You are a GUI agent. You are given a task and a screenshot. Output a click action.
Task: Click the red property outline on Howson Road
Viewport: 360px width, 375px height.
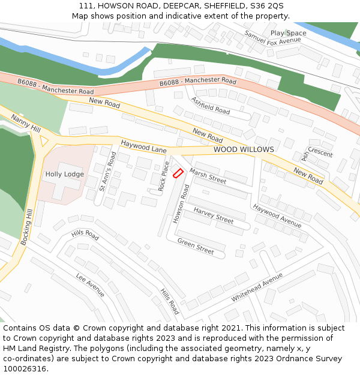click(x=178, y=173)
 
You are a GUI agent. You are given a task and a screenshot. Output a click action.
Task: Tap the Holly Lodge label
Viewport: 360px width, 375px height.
click(x=65, y=175)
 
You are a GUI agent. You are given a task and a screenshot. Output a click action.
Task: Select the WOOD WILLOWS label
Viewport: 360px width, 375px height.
click(x=244, y=149)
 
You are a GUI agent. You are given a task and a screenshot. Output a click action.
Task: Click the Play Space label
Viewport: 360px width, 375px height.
click(x=288, y=34)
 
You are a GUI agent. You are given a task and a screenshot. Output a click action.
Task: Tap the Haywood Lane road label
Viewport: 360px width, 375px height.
click(x=143, y=145)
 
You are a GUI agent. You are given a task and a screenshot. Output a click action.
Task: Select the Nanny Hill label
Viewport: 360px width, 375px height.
click(x=26, y=125)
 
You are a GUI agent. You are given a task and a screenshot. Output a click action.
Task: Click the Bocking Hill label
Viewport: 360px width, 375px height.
click(x=27, y=227)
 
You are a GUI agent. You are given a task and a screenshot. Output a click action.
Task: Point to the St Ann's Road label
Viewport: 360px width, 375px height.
click(x=107, y=171)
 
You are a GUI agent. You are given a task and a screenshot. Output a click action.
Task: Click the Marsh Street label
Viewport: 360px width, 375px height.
click(x=208, y=176)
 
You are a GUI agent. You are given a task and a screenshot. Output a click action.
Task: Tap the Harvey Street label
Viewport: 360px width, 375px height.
click(x=213, y=215)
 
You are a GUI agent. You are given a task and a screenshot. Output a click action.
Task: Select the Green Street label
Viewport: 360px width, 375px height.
click(x=196, y=246)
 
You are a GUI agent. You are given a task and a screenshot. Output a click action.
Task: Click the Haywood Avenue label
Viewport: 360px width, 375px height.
click(x=277, y=215)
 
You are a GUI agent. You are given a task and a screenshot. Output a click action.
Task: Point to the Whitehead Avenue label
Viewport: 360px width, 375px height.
click(x=256, y=287)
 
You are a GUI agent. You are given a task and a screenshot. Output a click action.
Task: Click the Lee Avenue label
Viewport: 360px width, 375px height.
click(x=90, y=284)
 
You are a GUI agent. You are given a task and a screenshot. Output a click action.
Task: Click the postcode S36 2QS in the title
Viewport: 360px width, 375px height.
click(x=267, y=5)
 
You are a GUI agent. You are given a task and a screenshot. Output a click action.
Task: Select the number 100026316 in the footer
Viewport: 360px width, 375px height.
click(x=25, y=369)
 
